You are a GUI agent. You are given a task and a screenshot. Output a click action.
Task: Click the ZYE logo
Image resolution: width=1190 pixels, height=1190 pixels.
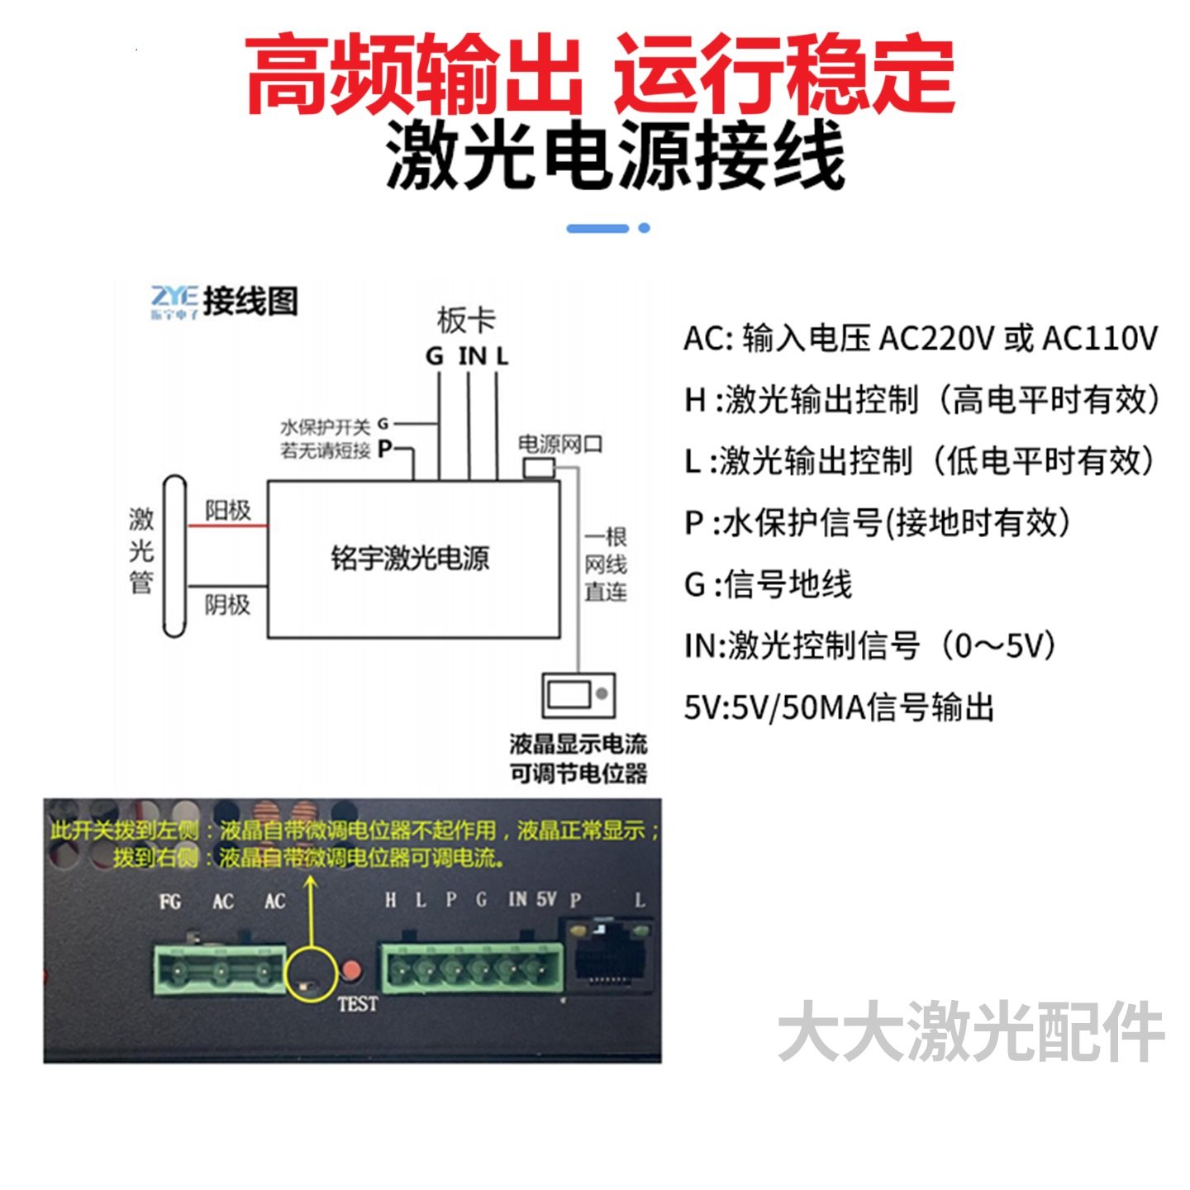(x=174, y=302)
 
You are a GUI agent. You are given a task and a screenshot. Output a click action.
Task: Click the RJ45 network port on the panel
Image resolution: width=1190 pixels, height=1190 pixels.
(x=608, y=959)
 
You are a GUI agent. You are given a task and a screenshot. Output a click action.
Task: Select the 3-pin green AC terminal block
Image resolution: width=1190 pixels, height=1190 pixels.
(x=219, y=971)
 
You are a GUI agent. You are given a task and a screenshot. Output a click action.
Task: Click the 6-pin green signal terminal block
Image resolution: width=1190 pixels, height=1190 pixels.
(x=471, y=969)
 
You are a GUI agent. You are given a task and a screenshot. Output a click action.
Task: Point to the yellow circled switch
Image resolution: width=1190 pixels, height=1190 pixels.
(x=310, y=975)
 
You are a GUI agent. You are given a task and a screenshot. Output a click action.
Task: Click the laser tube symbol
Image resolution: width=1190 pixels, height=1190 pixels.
(x=174, y=555)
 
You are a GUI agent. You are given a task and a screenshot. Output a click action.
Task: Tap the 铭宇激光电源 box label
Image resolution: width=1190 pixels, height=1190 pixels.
(x=410, y=559)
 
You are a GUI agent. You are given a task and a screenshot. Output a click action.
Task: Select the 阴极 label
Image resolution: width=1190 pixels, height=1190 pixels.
(x=227, y=605)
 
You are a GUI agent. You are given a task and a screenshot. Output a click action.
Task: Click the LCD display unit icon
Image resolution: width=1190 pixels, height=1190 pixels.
(x=578, y=696)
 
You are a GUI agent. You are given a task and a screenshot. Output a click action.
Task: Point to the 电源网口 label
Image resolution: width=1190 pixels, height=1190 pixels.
(x=560, y=445)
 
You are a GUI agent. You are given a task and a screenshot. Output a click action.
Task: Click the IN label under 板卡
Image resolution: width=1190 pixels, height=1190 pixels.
(x=472, y=356)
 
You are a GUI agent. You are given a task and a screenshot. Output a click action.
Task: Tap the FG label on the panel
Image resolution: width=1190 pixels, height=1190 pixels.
(x=170, y=901)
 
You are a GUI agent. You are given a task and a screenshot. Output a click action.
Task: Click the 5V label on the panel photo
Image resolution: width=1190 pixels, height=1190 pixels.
(x=545, y=899)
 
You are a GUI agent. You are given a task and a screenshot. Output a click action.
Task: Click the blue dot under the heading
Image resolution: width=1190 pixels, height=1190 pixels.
(x=645, y=228)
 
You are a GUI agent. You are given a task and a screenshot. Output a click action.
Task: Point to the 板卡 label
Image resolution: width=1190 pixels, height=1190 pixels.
(x=466, y=320)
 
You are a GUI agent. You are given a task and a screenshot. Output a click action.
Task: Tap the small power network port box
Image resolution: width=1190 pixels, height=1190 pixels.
(x=539, y=468)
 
